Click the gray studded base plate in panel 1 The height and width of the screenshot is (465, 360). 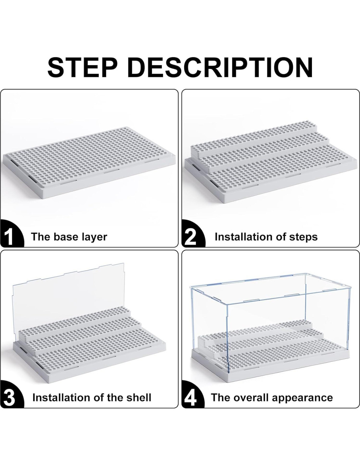tap(89, 163)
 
